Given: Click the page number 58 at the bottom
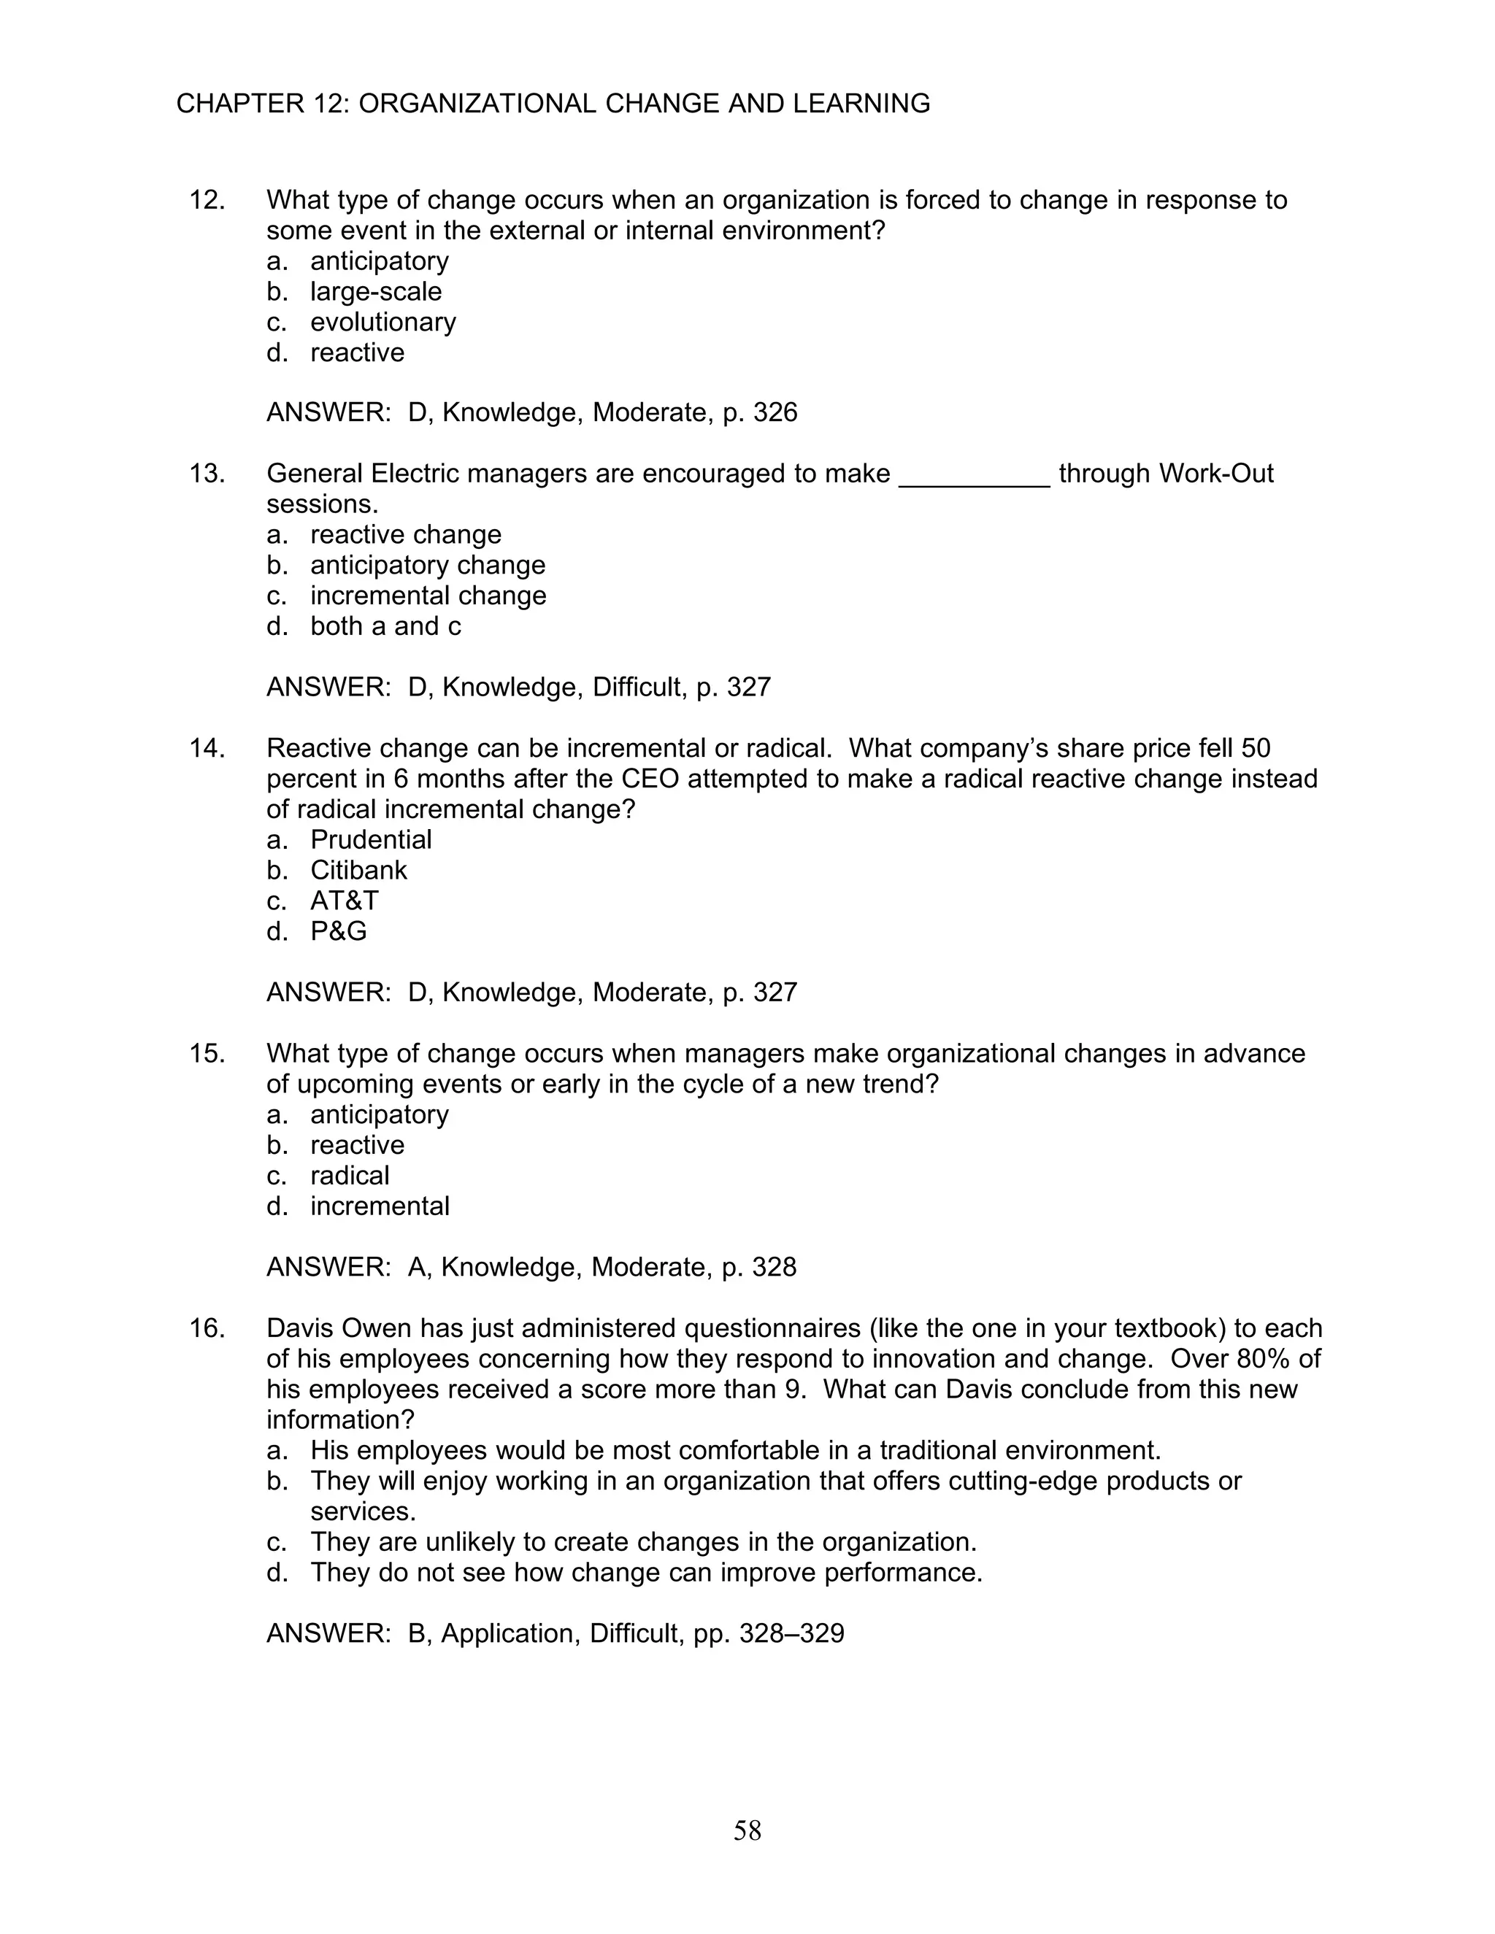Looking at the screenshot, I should click(747, 1830).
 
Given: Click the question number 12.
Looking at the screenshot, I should click(207, 200).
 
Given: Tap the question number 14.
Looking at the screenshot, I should click(207, 748).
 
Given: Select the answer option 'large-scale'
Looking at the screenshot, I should click(375, 291).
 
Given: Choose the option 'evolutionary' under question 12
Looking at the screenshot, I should click(383, 321).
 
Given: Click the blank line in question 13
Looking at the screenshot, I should click(975, 477).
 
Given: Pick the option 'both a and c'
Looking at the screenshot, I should click(385, 626).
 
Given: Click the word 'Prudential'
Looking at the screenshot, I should click(371, 839).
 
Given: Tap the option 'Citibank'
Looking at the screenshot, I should click(358, 870).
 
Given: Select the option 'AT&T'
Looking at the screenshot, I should click(345, 901).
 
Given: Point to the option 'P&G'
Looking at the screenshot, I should click(338, 931).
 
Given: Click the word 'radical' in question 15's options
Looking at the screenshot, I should click(350, 1175).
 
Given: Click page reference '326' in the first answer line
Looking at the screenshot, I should click(775, 412).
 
